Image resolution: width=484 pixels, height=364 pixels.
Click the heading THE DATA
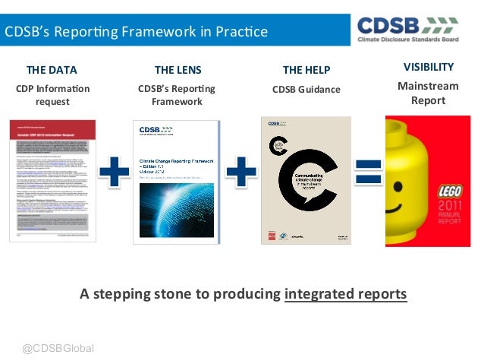[x=52, y=71]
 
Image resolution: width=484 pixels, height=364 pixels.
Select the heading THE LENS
[x=178, y=71]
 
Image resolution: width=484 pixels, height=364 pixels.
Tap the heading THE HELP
[x=306, y=71]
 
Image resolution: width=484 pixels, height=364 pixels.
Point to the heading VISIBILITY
[x=429, y=67]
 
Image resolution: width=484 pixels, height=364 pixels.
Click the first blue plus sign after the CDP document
[x=114, y=172]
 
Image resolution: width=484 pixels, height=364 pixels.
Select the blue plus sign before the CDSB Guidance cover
[x=241, y=172]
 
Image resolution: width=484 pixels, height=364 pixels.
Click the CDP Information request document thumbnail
[x=53, y=180]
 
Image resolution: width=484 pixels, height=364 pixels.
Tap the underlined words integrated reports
[x=345, y=294]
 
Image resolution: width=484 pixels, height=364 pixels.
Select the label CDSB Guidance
[x=306, y=90]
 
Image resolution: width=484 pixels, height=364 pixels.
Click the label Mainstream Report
[x=428, y=93]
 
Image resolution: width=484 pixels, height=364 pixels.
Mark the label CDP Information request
[x=52, y=96]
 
